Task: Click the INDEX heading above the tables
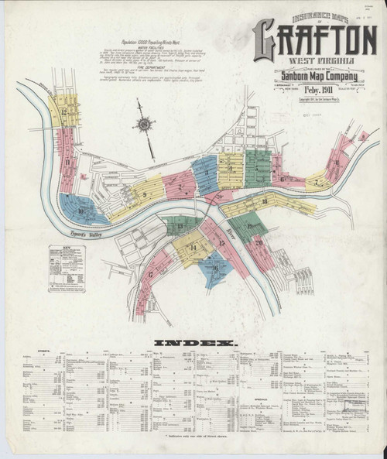193,341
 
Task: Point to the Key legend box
65,270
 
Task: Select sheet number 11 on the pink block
67,163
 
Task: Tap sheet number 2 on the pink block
180,186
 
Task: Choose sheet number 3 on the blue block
207,176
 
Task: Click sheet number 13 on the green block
180,227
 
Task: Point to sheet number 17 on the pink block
150,274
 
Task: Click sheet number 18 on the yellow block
264,202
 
